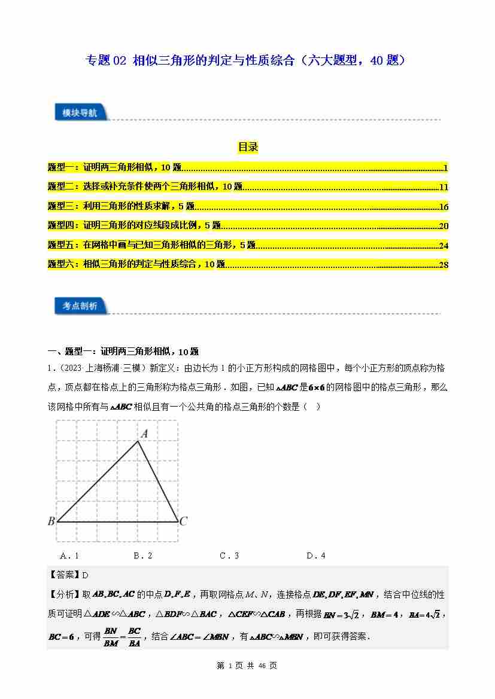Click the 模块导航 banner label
[79, 112]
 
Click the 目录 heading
[247, 147]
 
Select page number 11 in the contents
[444, 187]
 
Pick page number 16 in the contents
[444, 207]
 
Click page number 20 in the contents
[444, 226]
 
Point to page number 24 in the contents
[444, 245]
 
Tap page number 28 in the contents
[444, 265]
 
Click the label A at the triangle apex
[144, 434]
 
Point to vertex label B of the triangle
[51, 521]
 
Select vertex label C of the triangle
[184, 521]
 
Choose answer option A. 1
[69, 555]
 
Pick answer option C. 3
[229, 555]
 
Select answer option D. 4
[315, 555]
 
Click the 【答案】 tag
[64, 575]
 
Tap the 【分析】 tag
[64, 595]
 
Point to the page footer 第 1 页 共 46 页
[247, 666]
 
